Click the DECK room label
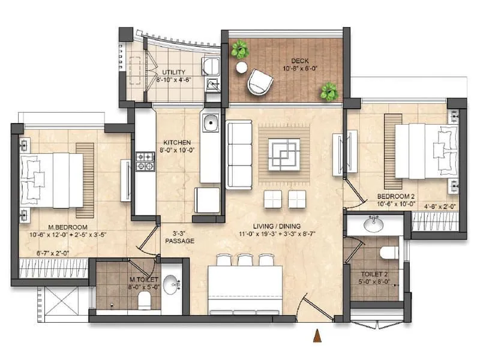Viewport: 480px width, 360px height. click(301, 61)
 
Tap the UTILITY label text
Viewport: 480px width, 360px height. click(173, 73)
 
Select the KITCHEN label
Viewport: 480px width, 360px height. click(176, 143)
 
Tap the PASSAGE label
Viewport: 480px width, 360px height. click(180, 241)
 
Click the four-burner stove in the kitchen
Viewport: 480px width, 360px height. click(145, 160)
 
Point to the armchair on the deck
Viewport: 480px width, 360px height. click(260, 82)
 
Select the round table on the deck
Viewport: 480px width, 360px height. click(241, 67)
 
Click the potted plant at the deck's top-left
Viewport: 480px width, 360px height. click(240, 49)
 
